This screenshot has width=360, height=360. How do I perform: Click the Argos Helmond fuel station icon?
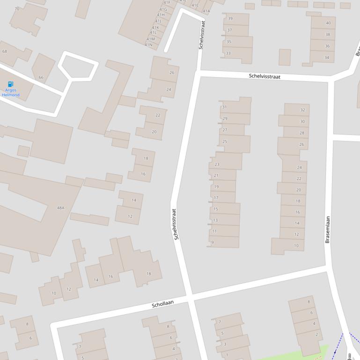11,84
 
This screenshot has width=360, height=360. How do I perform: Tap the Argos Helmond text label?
11,93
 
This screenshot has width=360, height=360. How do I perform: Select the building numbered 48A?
60,208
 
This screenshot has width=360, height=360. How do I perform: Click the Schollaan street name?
162,304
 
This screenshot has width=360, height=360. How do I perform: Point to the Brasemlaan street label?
327,229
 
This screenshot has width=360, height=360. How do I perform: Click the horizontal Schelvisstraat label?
264,76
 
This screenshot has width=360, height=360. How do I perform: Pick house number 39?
230,19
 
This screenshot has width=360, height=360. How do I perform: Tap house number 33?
228,53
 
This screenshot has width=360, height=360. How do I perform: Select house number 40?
328,23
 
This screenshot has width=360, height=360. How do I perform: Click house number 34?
327,58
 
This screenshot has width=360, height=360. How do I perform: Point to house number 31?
224,107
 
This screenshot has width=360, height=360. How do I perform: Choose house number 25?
225,142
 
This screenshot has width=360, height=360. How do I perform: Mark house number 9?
213,242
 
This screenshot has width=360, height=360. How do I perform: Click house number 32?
302,110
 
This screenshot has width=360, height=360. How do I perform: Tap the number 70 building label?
17,9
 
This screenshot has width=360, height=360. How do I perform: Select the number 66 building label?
41,78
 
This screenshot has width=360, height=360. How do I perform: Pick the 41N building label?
148,45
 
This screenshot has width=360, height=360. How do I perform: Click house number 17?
216,198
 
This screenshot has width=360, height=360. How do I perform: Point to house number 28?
301,133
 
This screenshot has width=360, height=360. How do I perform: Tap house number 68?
5,51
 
